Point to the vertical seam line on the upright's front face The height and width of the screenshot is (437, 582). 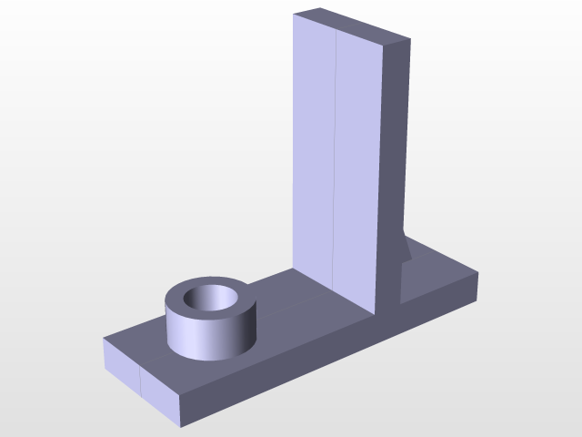click(x=335, y=164)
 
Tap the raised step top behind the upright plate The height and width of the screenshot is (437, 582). click(x=441, y=273)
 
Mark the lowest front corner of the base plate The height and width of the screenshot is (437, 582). click(x=182, y=425)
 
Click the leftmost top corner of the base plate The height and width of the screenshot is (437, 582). click(x=103, y=339)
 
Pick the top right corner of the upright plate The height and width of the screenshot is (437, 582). click(x=410, y=39)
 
